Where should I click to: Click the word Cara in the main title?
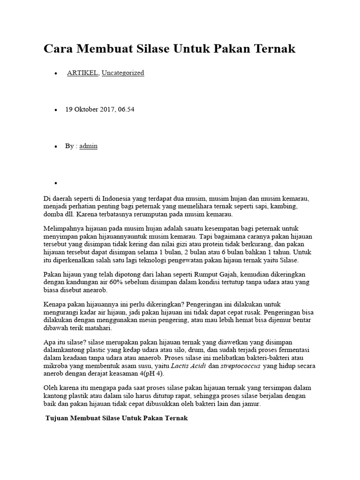pyautogui.click(x=59, y=48)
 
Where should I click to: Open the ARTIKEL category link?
pyautogui.click(x=82, y=73)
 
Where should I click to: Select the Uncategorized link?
pyautogui.click(x=123, y=73)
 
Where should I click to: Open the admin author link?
pyautogui.click(x=89, y=146)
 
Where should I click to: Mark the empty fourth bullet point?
pyautogui.click(x=55, y=183)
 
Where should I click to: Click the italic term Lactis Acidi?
pyautogui.click(x=187, y=366)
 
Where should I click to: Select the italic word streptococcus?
pyautogui.click(x=241, y=366)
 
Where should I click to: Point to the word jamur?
pyautogui.click(x=257, y=404)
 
